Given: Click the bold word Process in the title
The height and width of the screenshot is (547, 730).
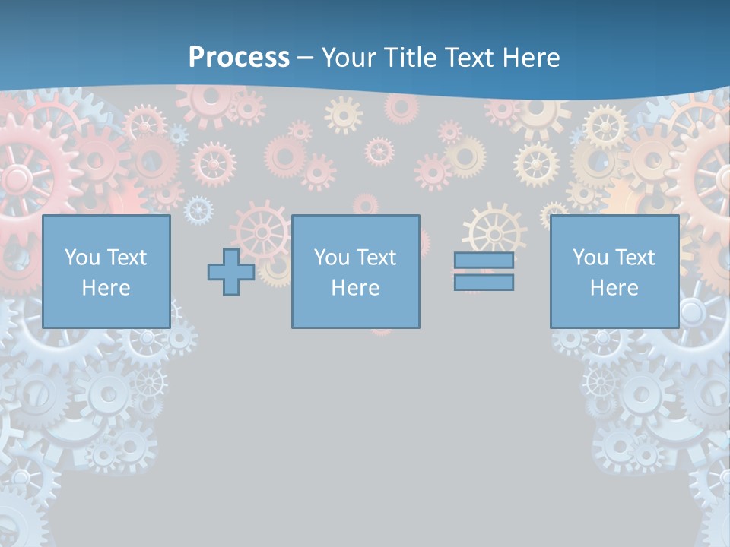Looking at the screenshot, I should (x=239, y=58).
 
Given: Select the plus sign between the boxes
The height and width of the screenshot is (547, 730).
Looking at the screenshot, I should (x=231, y=272).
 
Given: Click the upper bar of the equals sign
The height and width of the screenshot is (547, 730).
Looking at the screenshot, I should (x=484, y=261).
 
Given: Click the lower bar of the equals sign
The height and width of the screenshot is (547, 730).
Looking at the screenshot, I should (x=484, y=283).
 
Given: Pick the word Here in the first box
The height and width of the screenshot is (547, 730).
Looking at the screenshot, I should (x=106, y=288).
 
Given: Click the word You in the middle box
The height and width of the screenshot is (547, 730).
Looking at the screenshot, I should (x=332, y=258).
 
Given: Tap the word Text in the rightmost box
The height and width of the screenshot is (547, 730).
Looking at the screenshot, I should (x=635, y=258).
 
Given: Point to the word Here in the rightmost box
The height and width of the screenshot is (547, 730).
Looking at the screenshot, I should (x=614, y=288).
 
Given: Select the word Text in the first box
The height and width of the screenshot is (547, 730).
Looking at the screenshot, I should (x=127, y=258).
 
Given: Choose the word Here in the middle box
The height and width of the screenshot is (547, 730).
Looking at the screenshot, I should (x=355, y=288).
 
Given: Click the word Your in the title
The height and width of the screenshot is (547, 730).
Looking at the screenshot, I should (x=347, y=58).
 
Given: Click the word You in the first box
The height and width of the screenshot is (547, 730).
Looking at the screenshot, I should (x=82, y=258).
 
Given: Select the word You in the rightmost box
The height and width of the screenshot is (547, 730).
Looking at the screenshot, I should (x=590, y=258).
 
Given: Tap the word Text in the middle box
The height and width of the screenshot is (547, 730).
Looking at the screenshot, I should (x=376, y=258).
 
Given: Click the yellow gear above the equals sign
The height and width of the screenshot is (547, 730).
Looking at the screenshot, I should (x=494, y=228).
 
